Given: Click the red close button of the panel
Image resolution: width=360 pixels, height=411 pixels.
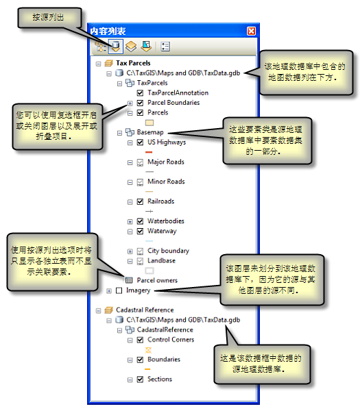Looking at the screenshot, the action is pyautogui.click(x=251, y=32).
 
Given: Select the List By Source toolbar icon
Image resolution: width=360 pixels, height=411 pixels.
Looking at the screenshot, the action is pyautogui.click(x=115, y=47).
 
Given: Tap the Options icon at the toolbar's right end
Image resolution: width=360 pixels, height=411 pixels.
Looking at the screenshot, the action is pyautogui.click(x=165, y=47).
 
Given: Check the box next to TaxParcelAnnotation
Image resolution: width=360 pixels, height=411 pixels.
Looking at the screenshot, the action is pyautogui.click(x=140, y=93).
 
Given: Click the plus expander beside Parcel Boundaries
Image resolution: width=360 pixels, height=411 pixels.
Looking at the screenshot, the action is pyautogui.click(x=130, y=103).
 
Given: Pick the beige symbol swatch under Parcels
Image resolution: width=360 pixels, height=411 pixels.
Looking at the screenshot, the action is pyautogui.click(x=149, y=123).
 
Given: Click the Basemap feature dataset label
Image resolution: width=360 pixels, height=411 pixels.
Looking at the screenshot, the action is pyautogui.click(x=150, y=132).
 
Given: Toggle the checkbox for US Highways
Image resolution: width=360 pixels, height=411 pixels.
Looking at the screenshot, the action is pyautogui.click(x=140, y=142).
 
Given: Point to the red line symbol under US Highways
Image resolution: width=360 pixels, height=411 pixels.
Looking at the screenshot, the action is pyautogui.click(x=149, y=152).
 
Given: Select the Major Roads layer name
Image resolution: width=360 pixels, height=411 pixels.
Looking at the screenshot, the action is pyautogui.click(x=166, y=162).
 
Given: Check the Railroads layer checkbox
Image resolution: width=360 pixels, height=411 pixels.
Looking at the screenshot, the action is pyautogui.click(x=140, y=201).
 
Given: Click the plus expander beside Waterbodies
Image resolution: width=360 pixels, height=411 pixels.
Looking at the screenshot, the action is pyautogui.click(x=130, y=222).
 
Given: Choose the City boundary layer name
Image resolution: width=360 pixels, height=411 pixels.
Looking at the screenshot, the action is pyautogui.click(x=168, y=251).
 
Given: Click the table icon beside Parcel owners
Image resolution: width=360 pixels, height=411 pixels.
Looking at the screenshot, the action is pyautogui.click(x=129, y=280).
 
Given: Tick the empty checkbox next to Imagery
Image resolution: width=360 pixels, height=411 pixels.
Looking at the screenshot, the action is pyautogui.click(x=119, y=290).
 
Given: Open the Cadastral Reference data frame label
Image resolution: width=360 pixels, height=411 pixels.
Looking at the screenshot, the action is pyautogui.click(x=145, y=310).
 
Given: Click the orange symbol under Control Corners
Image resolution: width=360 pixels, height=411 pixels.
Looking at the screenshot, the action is pyautogui.click(x=149, y=350).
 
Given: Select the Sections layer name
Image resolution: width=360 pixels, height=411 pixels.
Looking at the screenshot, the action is pyautogui.click(x=160, y=379).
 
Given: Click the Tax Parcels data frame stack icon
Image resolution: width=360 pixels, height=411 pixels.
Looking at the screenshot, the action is pyautogui.click(x=109, y=63).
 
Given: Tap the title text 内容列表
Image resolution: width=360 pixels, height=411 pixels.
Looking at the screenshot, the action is pyautogui.click(x=108, y=32).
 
